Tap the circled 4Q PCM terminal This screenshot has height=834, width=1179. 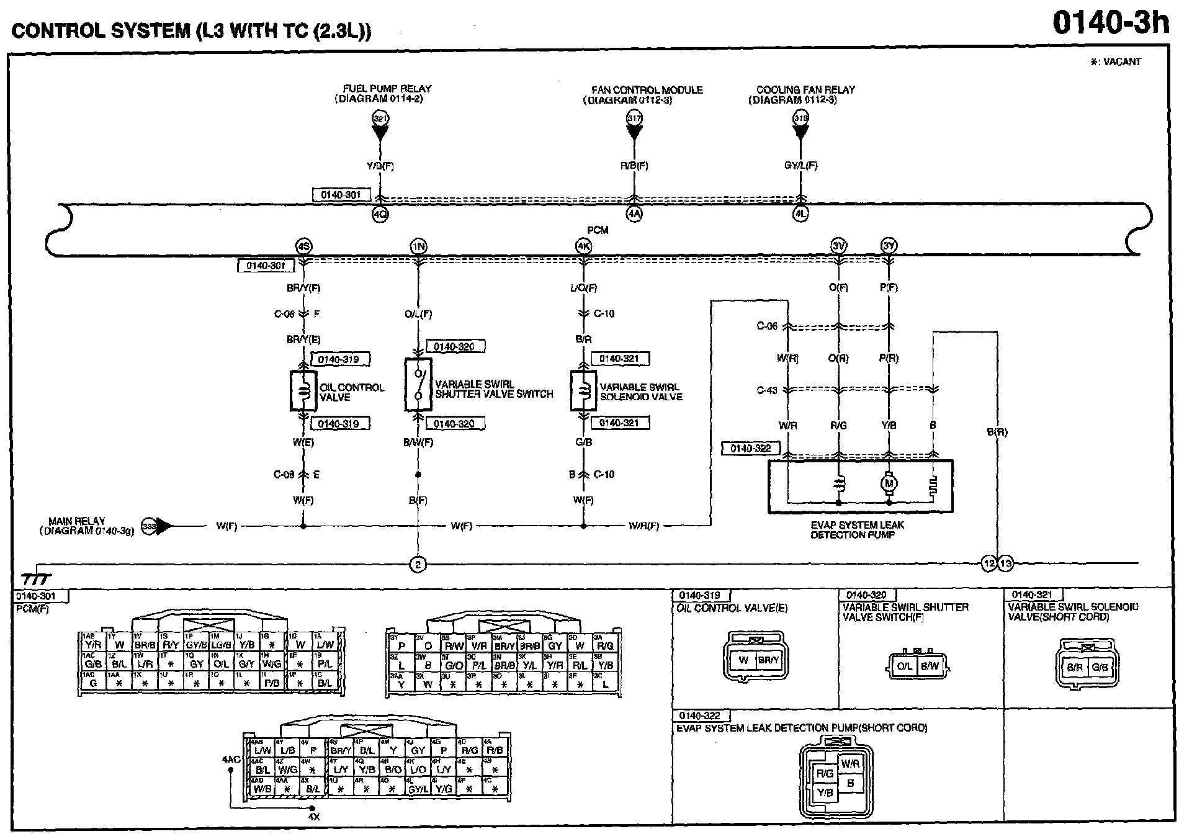coord(380,215)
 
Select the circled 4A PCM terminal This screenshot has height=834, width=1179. coord(634,215)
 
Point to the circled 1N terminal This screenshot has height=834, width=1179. coord(418,246)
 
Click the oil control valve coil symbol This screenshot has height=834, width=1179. coord(303,391)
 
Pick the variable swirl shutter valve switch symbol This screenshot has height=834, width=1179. coord(418,384)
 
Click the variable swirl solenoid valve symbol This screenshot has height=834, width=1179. coord(583,391)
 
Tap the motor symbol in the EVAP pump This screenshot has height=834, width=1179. coord(889,483)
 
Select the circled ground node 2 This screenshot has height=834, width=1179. coord(418,565)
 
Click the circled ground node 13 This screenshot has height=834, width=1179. coord(1005,564)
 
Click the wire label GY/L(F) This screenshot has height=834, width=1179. coord(800,166)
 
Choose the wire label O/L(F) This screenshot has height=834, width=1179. coord(418,314)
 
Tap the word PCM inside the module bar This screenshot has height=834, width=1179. coord(598,230)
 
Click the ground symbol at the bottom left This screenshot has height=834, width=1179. coord(37,579)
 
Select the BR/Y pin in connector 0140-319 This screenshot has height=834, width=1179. coord(768,660)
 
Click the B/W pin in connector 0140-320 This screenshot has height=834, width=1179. coord(930,666)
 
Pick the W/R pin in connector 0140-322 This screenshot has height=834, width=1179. coord(850,763)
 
